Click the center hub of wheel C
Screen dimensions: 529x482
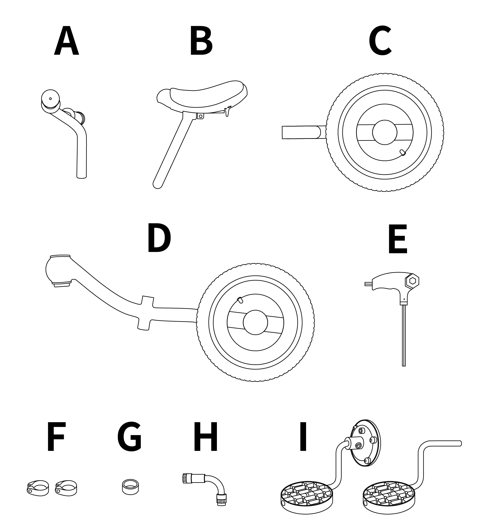click(385, 132)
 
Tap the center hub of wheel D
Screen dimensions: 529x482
click(255, 322)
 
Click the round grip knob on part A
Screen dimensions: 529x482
click(50, 99)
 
